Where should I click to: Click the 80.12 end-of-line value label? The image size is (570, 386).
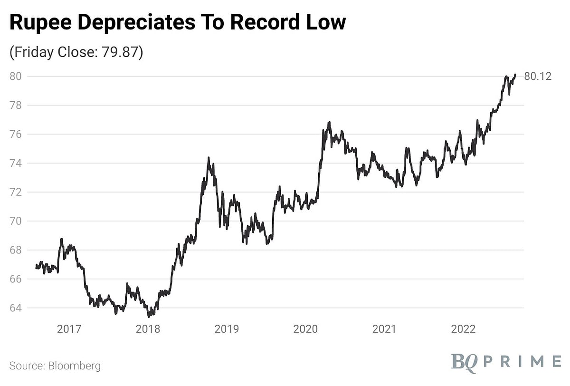click(538, 76)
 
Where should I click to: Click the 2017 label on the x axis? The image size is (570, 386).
click(69, 329)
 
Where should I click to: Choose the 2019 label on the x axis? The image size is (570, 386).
click(227, 329)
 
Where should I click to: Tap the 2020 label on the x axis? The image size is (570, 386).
click(305, 329)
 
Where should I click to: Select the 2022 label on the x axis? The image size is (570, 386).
click(463, 329)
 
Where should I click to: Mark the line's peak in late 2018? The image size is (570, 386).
click(209, 158)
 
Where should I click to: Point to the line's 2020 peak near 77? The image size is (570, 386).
click(329, 122)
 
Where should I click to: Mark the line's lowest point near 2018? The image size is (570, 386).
click(149, 316)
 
